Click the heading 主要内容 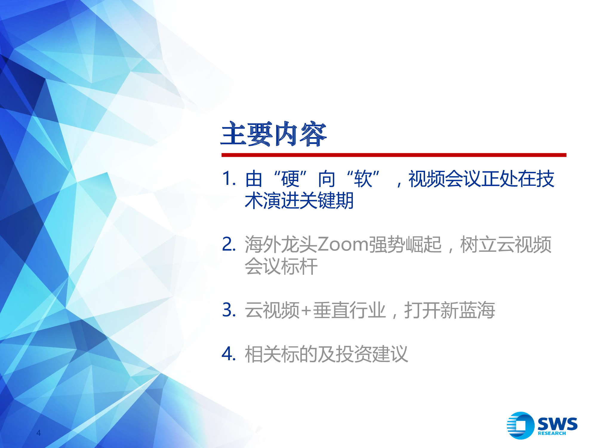pos(274,134)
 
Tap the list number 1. pos(229,179)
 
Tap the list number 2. pos(229,244)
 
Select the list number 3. pos(229,310)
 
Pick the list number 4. pos(229,354)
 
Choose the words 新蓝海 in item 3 pos(467,310)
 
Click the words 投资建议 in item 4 pos(372,354)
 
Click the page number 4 pos(39,432)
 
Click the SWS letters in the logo pos(557,423)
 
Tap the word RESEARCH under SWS pos(552,433)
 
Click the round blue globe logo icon pos(521,425)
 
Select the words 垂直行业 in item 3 pos(349,310)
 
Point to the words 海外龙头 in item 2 pos(281,244)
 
